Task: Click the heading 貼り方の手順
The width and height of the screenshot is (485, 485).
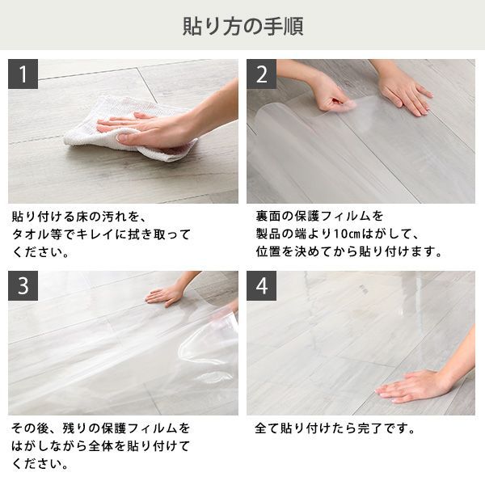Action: (242, 27)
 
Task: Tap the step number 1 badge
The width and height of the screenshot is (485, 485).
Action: (23, 74)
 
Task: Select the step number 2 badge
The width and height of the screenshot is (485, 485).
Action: (261, 74)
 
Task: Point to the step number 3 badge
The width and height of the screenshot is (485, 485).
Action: (23, 286)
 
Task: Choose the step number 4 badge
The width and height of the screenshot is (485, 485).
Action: (261, 286)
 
